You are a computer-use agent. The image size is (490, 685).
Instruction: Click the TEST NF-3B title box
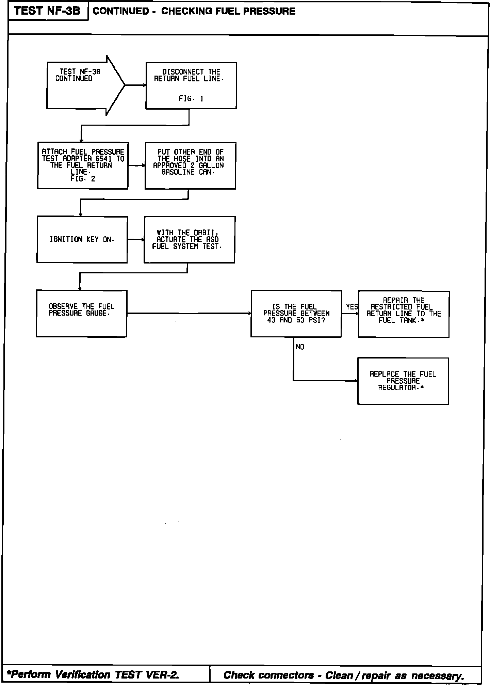[x=48, y=11]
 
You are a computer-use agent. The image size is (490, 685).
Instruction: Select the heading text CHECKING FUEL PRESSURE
[x=228, y=11]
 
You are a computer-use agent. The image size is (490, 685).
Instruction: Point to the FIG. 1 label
[x=191, y=99]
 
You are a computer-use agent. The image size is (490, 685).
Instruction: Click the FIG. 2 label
[x=83, y=179]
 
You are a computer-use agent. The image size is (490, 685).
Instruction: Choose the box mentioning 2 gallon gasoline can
[x=190, y=165]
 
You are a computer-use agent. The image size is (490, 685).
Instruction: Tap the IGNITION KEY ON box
[x=82, y=239]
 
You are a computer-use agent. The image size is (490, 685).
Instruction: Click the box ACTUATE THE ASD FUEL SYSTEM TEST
[x=189, y=239]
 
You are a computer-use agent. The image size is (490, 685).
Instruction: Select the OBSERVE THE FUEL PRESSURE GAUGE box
[x=81, y=313]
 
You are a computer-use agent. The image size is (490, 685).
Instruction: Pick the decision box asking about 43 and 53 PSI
[x=296, y=314]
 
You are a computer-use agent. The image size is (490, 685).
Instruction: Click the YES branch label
[x=352, y=307]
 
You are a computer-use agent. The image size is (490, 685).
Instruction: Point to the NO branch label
[x=300, y=347]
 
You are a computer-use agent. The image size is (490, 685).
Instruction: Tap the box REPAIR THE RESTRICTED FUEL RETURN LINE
[x=404, y=314]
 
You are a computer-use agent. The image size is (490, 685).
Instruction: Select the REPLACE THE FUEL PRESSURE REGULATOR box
[x=403, y=381]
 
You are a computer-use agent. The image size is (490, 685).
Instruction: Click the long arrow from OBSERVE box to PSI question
[x=189, y=313]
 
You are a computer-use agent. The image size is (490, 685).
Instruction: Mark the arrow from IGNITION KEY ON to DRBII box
[x=136, y=240]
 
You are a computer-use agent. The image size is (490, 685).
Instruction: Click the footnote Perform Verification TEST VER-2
[x=93, y=674]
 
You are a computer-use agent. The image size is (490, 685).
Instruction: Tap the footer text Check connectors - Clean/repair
[x=344, y=675]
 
